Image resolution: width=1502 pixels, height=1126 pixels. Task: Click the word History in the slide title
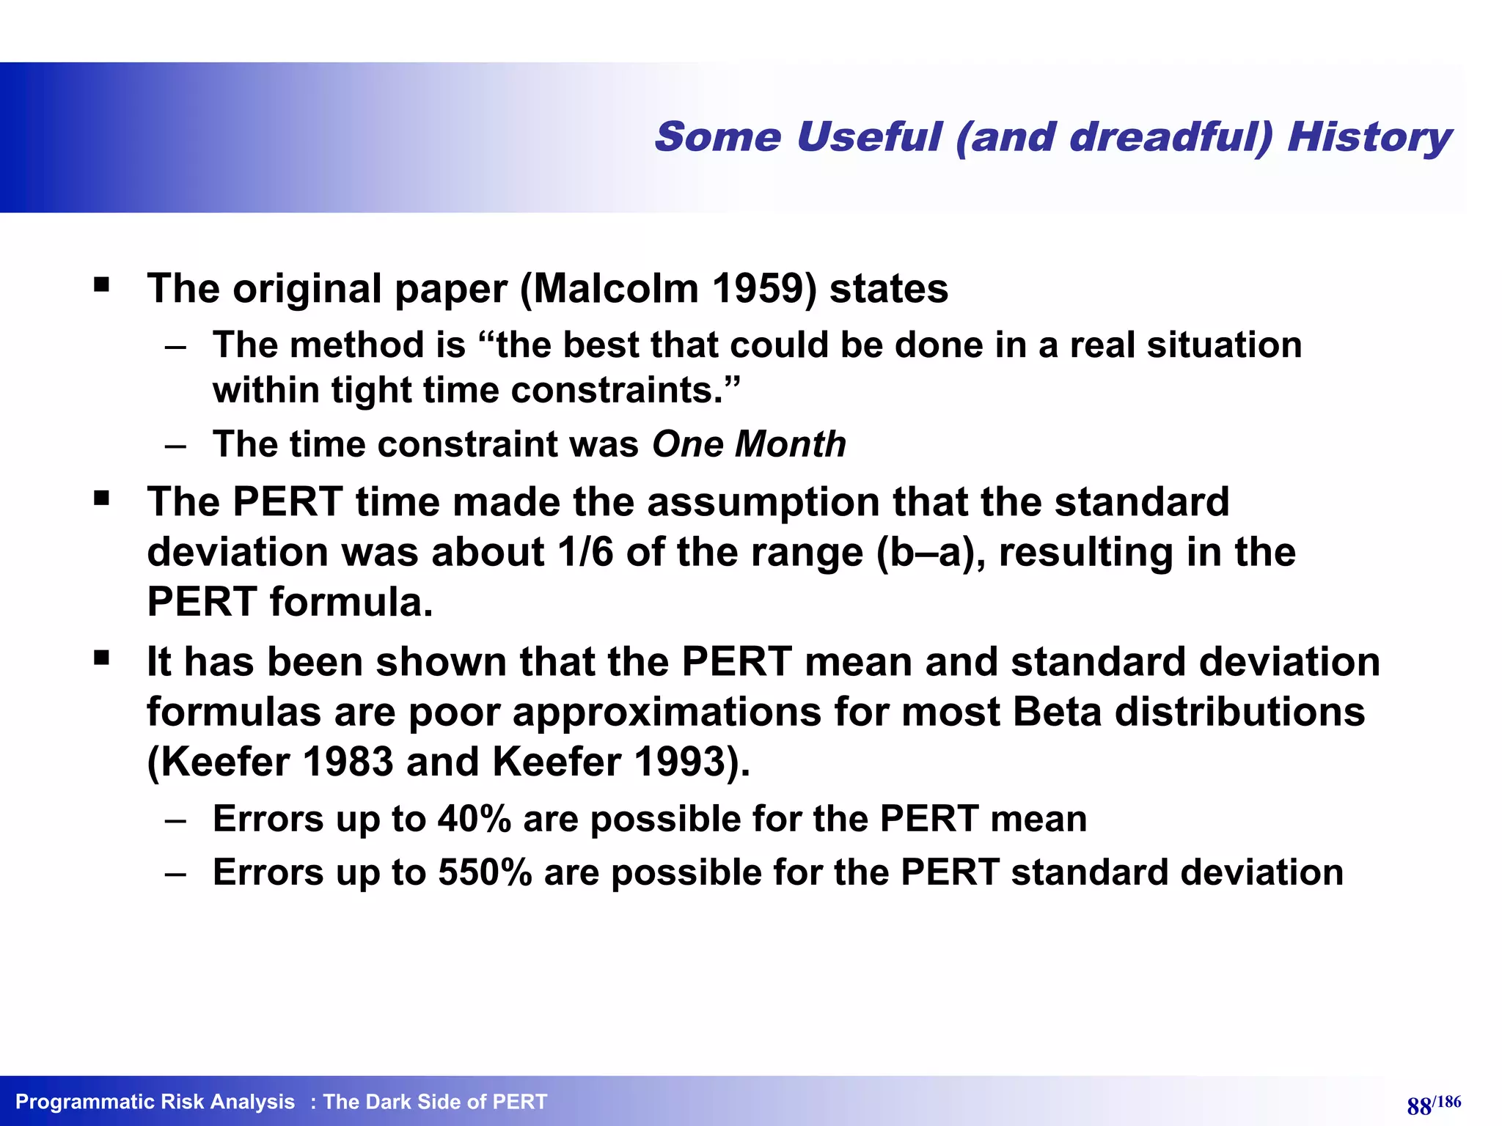1369,138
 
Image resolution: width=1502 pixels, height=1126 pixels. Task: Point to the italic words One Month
749,444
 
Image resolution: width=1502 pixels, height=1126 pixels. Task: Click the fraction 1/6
585,552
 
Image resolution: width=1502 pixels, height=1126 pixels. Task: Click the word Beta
1057,712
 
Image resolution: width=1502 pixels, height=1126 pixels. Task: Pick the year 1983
348,762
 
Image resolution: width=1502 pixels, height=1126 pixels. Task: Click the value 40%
474,819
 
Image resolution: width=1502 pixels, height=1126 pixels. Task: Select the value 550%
485,872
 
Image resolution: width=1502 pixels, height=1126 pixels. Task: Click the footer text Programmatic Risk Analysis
155,1102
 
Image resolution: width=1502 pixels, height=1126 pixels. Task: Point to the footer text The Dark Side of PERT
435,1102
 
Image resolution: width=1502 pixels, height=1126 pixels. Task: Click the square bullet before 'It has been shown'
102,658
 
